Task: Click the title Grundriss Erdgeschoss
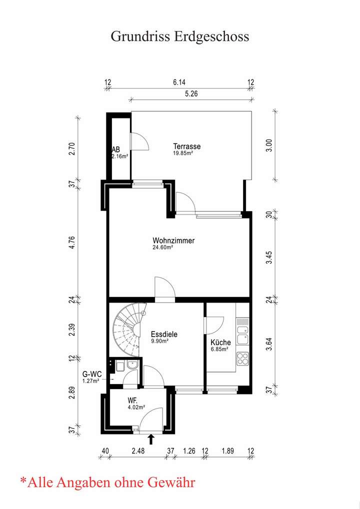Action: pyautogui.click(x=180, y=36)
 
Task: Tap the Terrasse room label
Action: pyautogui.click(x=186, y=146)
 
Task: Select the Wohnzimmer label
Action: pyautogui.click(x=173, y=241)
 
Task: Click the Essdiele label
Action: pyautogui.click(x=164, y=334)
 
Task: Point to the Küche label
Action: pyautogui.click(x=220, y=342)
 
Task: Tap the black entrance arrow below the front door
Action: pyautogui.click(x=151, y=439)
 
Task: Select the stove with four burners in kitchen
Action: pyautogui.click(x=242, y=358)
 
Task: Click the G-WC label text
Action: pyautogui.click(x=92, y=374)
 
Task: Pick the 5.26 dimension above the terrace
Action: pyautogui.click(x=191, y=94)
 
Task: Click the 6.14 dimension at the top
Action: pyautogui.click(x=179, y=82)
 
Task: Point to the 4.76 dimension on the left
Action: pyautogui.click(x=72, y=242)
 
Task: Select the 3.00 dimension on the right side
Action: pyautogui.click(x=269, y=146)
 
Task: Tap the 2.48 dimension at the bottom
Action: pyautogui.click(x=138, y=451)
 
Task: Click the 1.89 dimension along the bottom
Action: pyautogui.click(x=227, y=451)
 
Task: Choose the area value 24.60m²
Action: pyautogui.click(x=162, y=247)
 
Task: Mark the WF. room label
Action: pyautogui.click(x=132, y=401)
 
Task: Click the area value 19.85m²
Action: pyautogui.click(x=183, y=153)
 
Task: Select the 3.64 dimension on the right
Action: pyautogui.click(x=269, y=344)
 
